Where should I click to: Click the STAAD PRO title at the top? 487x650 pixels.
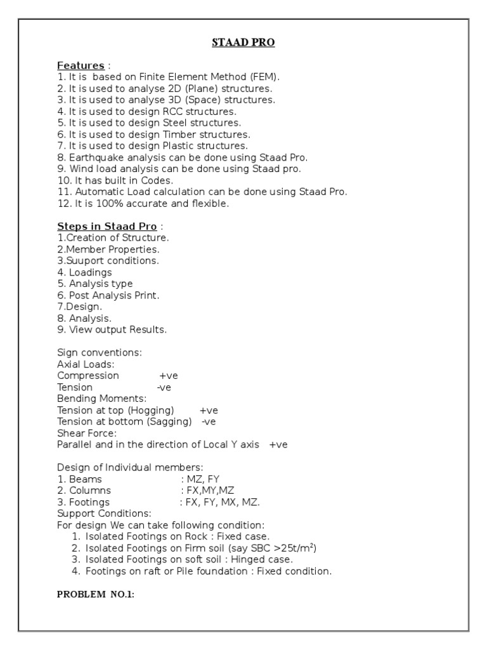pyautogui.click(x=243, y=43)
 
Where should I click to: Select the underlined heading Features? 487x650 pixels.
pyautogui.click(x=81, y=65)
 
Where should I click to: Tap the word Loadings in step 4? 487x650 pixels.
pyautogui.click(x=90, y=272)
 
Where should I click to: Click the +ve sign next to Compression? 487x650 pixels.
pyautogui.click(x=169, y=376)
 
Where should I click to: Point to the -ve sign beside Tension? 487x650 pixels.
pyautogui.click(x=164, y=387)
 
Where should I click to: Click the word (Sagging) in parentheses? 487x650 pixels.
pyautogui.click(x=169, y=421)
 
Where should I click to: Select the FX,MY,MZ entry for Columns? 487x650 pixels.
pyautogui.click(x=207, y=491)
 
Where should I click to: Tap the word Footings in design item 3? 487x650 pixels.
pyautogui.click(x=89, y=502)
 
